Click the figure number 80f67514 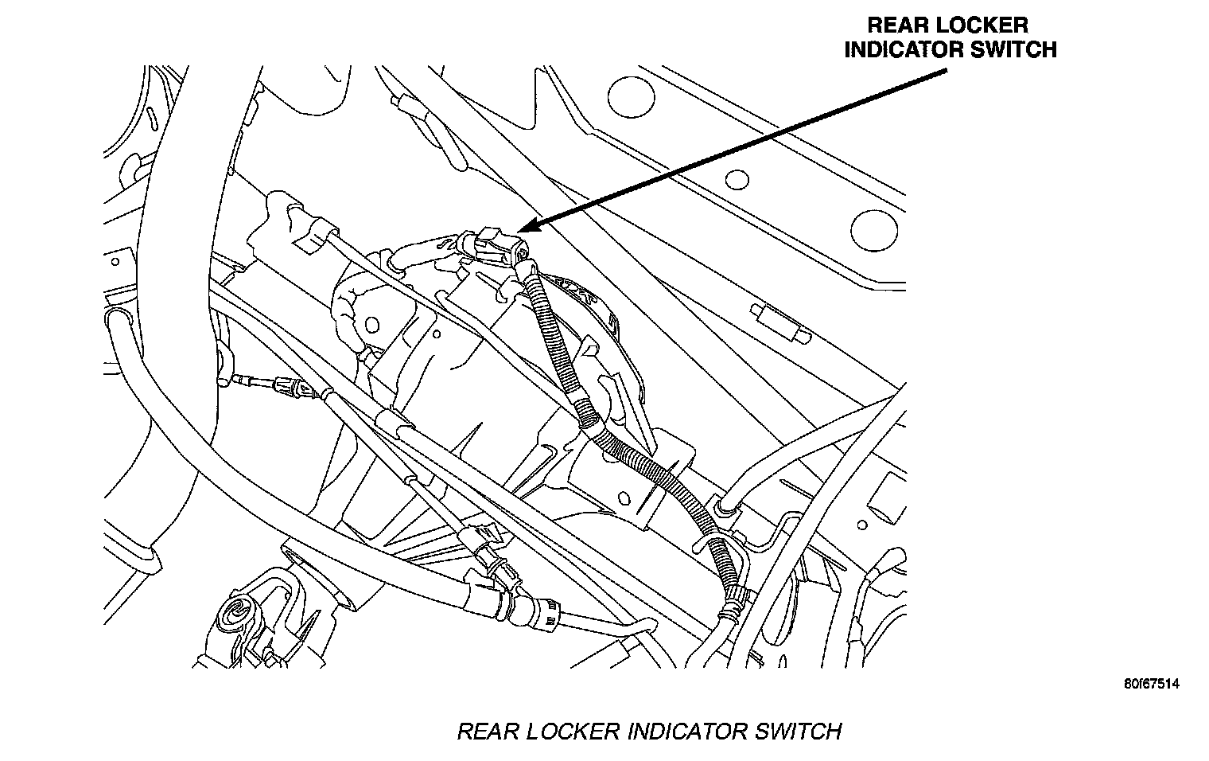coord(1152,685)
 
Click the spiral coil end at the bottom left coord(238,615)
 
